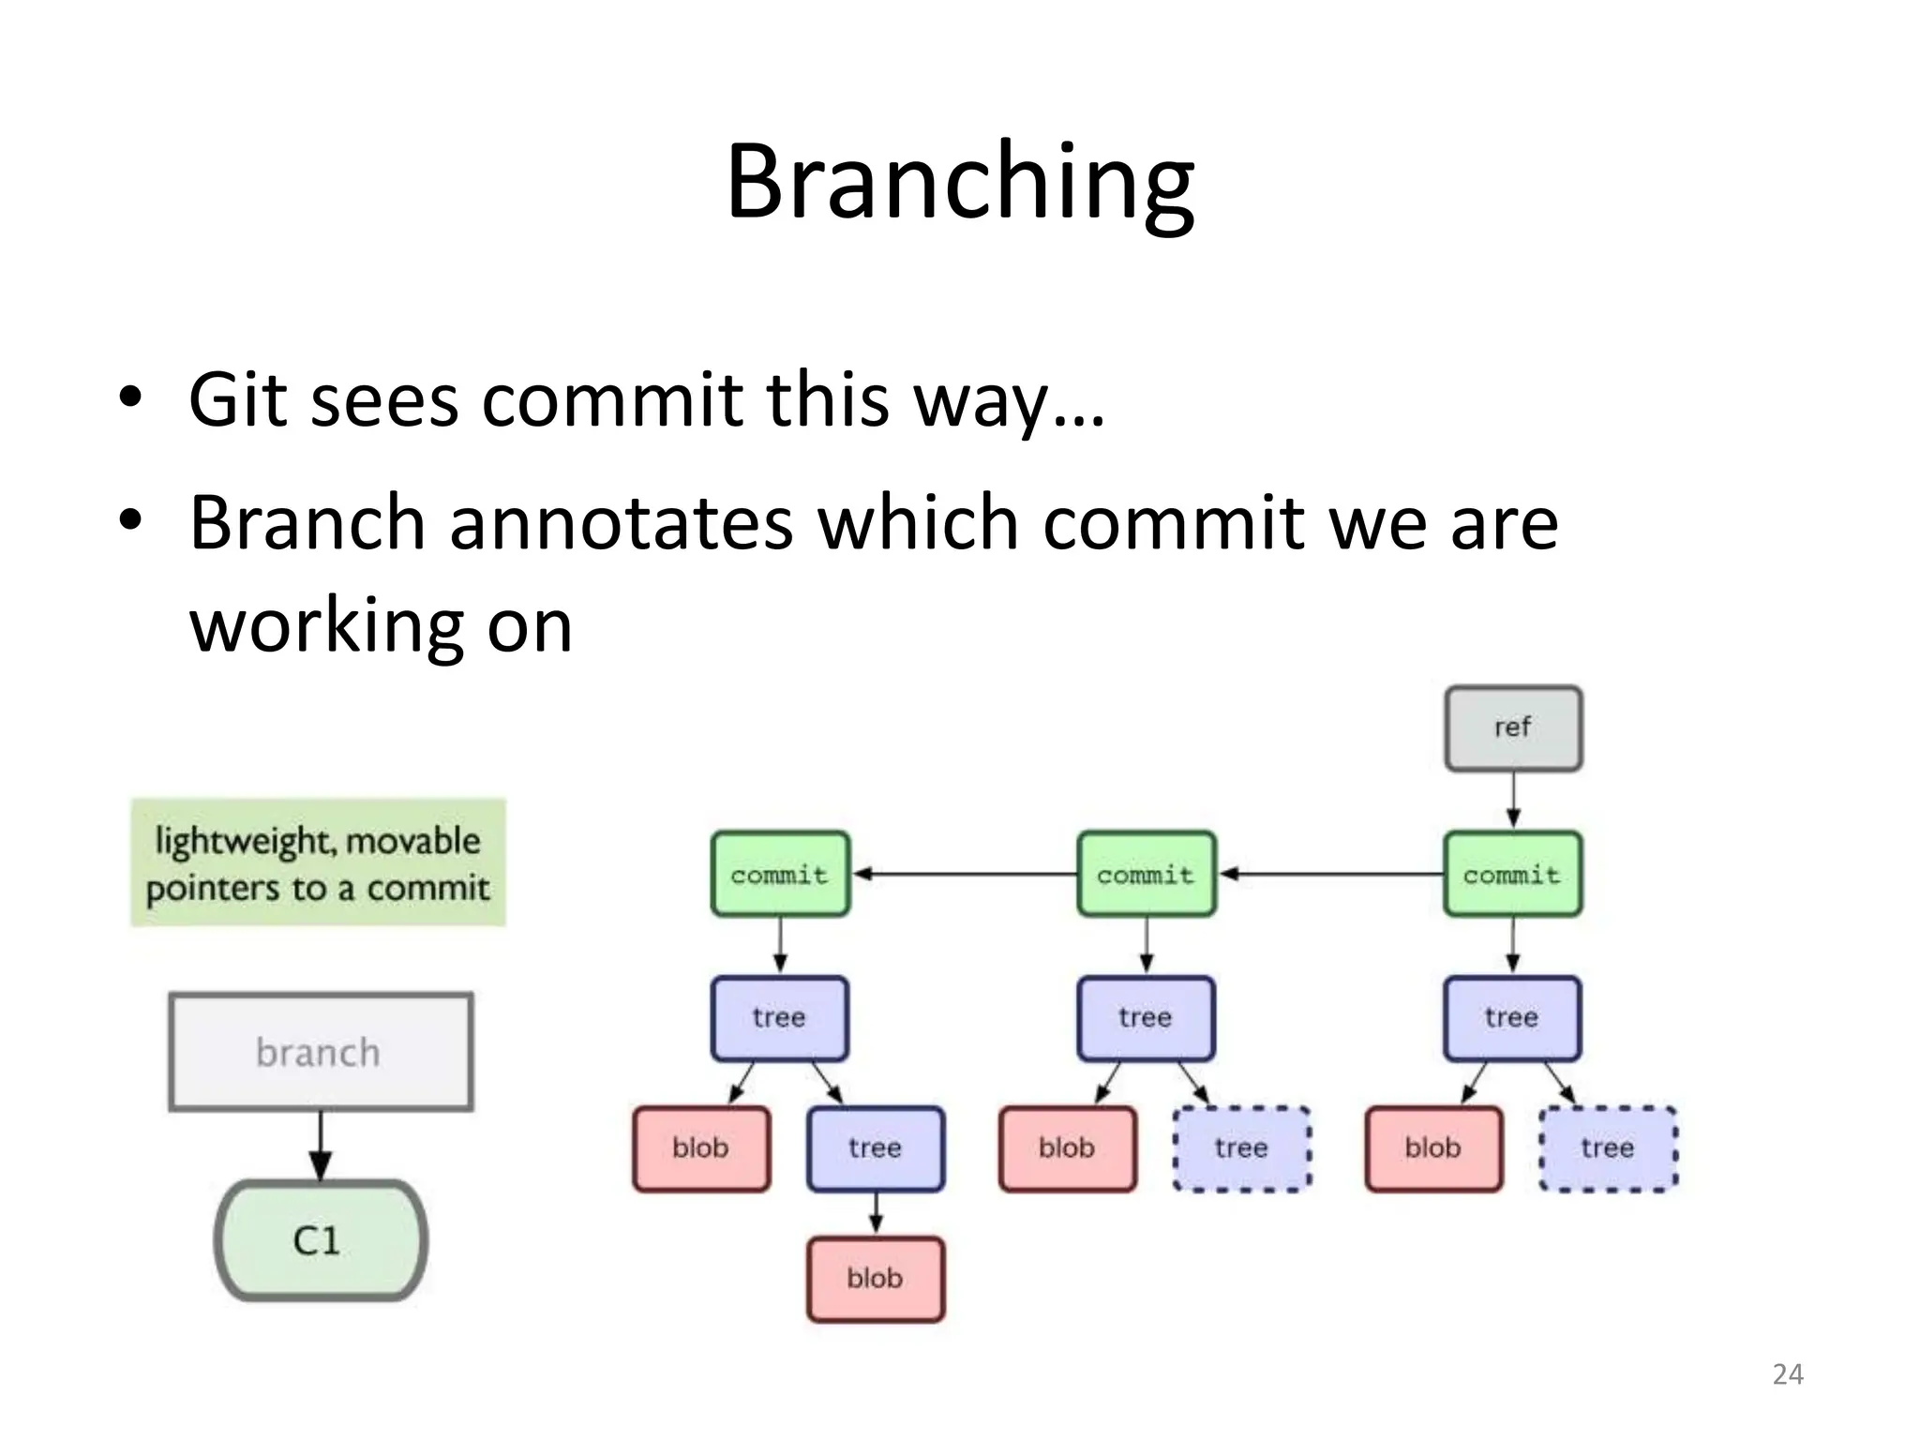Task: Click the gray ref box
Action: click(x=1512, y=728)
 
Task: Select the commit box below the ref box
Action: click(x=1511, y=874)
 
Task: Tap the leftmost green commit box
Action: click(x=779, y=874)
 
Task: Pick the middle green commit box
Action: click(x=1146, y=874)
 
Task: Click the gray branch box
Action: click(x=320, y=1052)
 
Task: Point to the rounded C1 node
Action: click(x=320, y=1240)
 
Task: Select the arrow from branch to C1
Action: click(x=320, y=1146)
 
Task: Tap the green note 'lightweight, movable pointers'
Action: click(x=318, y=862)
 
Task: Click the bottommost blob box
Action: click(x=875, y=1279)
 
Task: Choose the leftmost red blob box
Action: click(x=700, y=1148)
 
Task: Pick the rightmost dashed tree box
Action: click(x=1608, y=1148)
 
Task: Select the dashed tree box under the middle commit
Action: click(x=1241, y=1148)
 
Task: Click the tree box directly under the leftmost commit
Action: click(x=779, y=1018)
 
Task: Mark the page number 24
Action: click(x=1787, y=1374)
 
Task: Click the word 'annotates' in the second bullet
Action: click(x=621, y=523)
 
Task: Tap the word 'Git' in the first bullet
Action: click(x=237, y=400)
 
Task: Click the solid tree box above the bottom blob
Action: click(x=875, y=1148)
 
